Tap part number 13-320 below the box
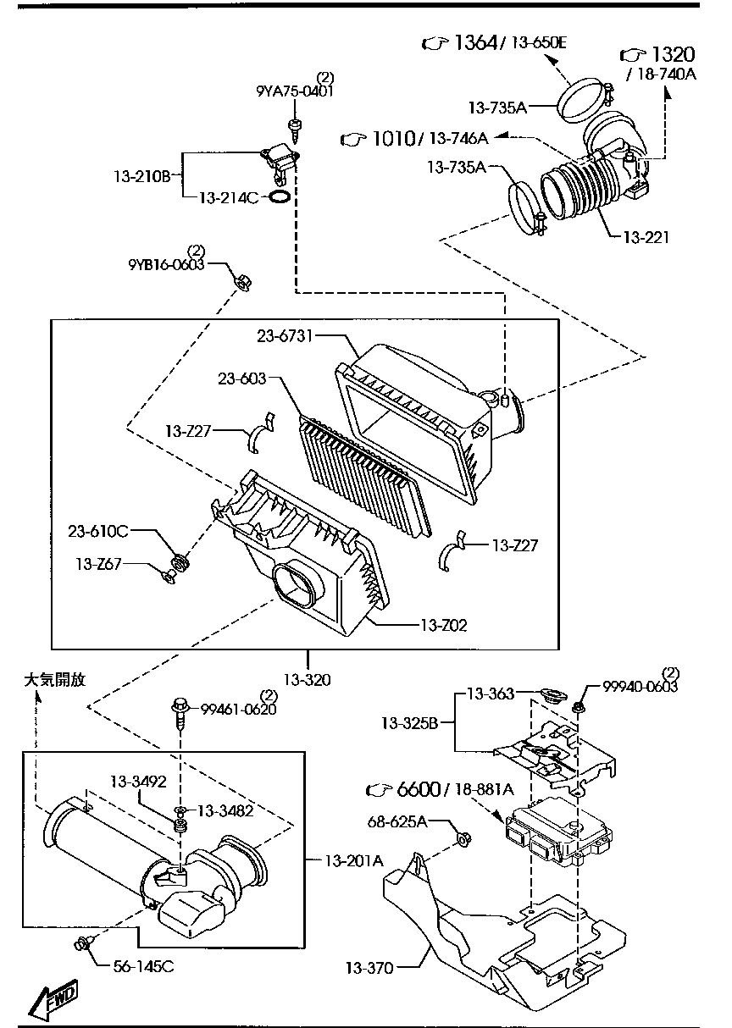point(307,678)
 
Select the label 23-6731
point(286,336)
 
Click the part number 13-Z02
point(443,626)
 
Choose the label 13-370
point(369,967)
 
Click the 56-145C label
point(141,965)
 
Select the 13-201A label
point(354,860)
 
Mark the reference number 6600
point(418,790)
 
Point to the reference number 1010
point(391,138)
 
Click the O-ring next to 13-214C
point(280,197)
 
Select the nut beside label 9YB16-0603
point(240,280)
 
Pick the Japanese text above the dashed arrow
point(55,679)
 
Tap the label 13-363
point(491,694)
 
